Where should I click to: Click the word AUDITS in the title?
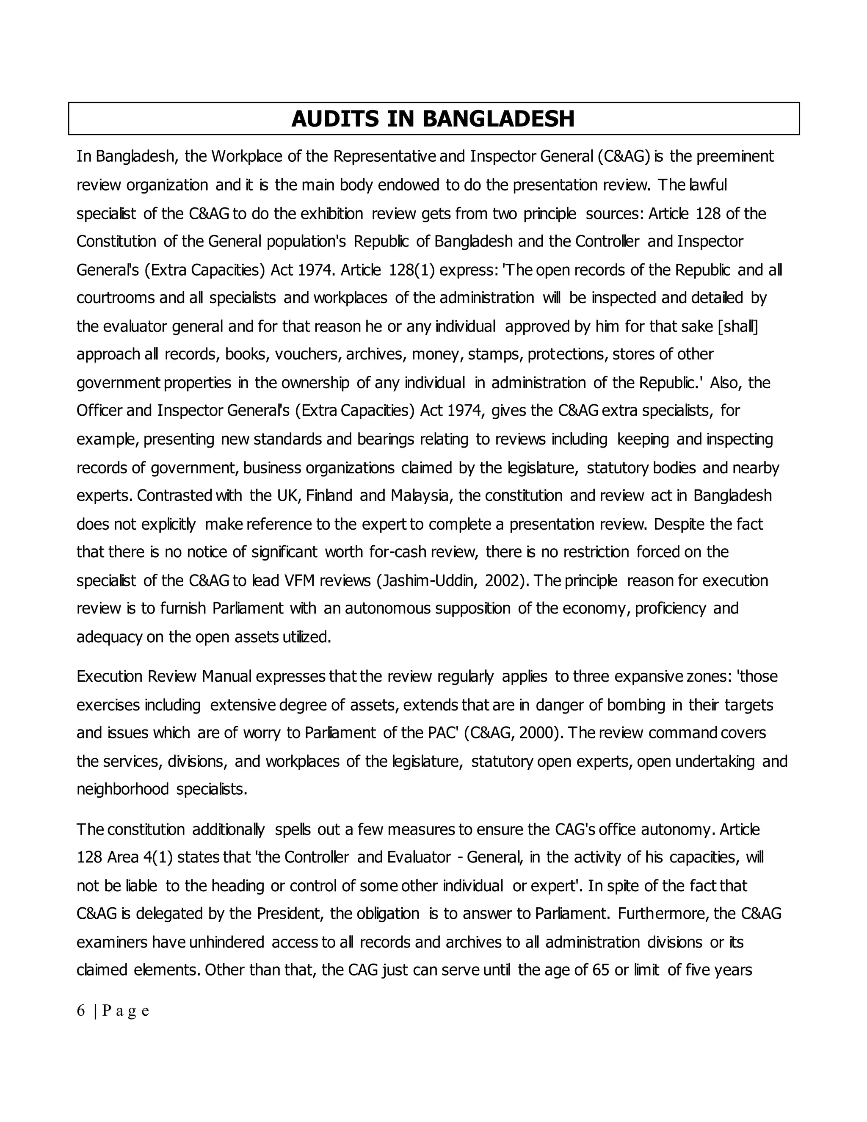[x=335, y=119]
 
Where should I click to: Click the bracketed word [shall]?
[x=737, y=326]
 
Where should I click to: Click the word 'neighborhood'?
[x=123, y=789]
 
